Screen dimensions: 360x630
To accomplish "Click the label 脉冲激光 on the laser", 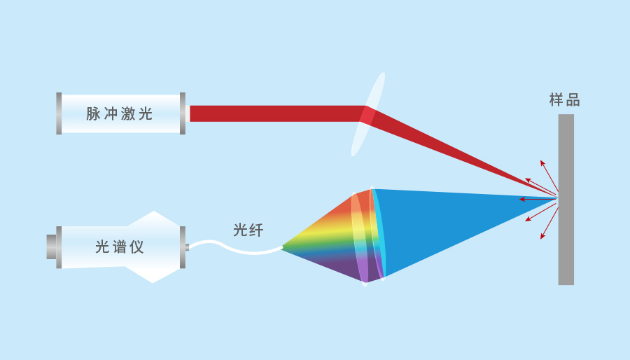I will pos(119,113).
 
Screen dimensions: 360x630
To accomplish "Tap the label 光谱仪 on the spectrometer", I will pos(119,247).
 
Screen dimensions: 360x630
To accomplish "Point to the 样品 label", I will pos(565,100).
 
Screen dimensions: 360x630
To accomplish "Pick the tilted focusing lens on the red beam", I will pos(368,113).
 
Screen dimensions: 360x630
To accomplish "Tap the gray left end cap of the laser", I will pos(59,113).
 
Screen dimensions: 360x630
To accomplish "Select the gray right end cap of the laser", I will pos(183,113).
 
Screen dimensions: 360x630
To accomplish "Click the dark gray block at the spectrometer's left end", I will pos(51,247).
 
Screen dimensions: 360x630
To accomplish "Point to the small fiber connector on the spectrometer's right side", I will pos(187,247).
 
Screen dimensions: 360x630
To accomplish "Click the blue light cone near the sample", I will pos(462,224).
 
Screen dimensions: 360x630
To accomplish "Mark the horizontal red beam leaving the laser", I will pos(273,113).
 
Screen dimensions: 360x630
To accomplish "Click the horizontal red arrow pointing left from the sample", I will pos(536,199).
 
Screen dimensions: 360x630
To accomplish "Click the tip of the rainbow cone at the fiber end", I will pos(282,247).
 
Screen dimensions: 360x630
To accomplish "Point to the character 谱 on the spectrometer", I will pos(119,247).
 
